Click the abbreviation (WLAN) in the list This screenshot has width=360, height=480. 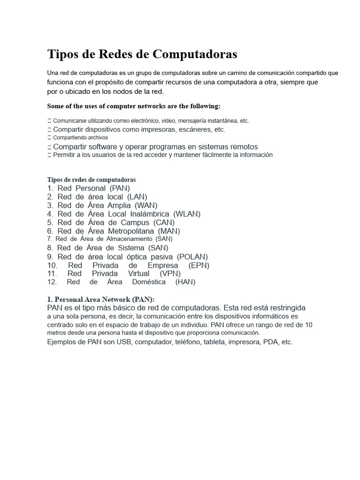(187, 214)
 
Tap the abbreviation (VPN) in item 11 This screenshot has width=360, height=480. (171, 273)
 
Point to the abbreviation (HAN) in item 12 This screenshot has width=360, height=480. (185, 282)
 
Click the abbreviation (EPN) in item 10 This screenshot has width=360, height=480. (199, 265)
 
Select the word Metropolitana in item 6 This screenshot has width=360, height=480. (131, 231)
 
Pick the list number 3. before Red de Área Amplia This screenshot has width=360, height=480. (50, 205)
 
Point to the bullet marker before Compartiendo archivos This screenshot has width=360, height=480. (49, 138)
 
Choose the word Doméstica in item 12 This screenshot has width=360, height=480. (149, 282)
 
